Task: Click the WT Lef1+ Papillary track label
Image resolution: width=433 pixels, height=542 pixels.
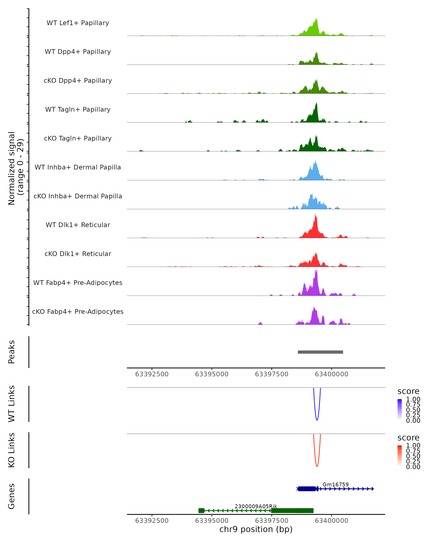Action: [78, 23]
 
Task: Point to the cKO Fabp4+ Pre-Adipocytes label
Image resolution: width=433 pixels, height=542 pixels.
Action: [78, 311]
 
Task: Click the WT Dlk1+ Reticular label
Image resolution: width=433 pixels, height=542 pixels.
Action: [78, 225]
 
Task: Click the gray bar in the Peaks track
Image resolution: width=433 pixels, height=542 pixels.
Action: [320, 352]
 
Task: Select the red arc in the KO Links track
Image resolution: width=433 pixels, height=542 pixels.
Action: [317, 466]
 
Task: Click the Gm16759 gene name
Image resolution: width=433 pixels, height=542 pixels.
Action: [335, 484]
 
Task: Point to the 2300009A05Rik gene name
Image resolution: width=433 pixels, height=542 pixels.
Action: [256, 506]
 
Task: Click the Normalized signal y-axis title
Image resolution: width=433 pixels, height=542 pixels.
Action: [16, 168]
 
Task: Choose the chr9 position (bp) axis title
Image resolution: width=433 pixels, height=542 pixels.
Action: [256, 529]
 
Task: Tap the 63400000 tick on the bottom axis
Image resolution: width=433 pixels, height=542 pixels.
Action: [331, 520]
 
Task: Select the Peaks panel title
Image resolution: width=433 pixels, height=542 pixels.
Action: [12, 352]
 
